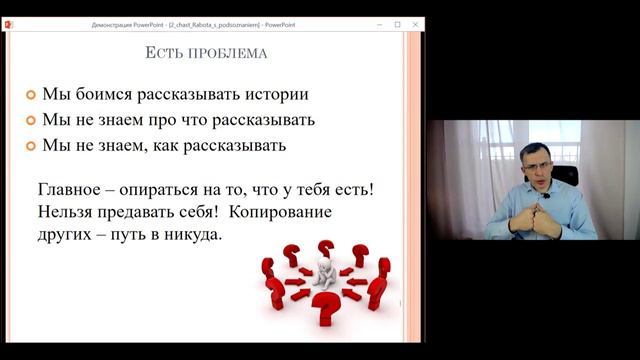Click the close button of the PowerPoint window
tap(415, 23)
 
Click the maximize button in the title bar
tap(397, 23)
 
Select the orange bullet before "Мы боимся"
tap(31, 95)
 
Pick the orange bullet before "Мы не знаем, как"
tap(31, 146)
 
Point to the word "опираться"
tap(169, 189)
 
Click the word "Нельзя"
tap(67, 212)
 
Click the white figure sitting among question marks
tap(323, 274)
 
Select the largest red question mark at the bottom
tap(325, 311)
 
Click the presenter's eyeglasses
tap(536, 165)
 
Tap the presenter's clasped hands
tap(534, 219)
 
